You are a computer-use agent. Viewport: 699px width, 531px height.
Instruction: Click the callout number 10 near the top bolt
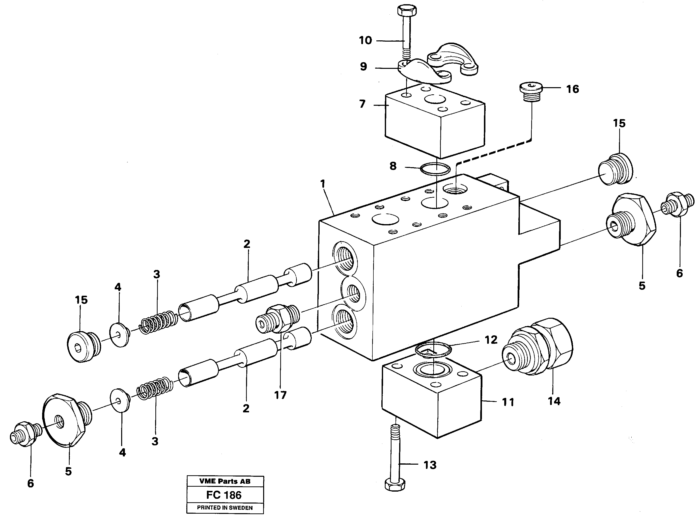365,40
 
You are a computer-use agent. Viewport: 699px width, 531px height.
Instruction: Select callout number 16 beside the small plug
572,89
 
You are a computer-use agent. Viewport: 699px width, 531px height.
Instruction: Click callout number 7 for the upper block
362,104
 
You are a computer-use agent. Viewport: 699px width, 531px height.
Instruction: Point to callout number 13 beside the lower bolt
430,465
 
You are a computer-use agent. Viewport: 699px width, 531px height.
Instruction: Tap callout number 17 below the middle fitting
280,395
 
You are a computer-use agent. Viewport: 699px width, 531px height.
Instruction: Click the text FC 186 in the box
224,495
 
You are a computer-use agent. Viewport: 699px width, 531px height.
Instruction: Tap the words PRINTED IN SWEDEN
225,508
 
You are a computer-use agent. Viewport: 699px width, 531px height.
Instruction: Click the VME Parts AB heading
225,481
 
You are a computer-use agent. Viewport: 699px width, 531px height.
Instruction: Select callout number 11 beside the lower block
508,402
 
